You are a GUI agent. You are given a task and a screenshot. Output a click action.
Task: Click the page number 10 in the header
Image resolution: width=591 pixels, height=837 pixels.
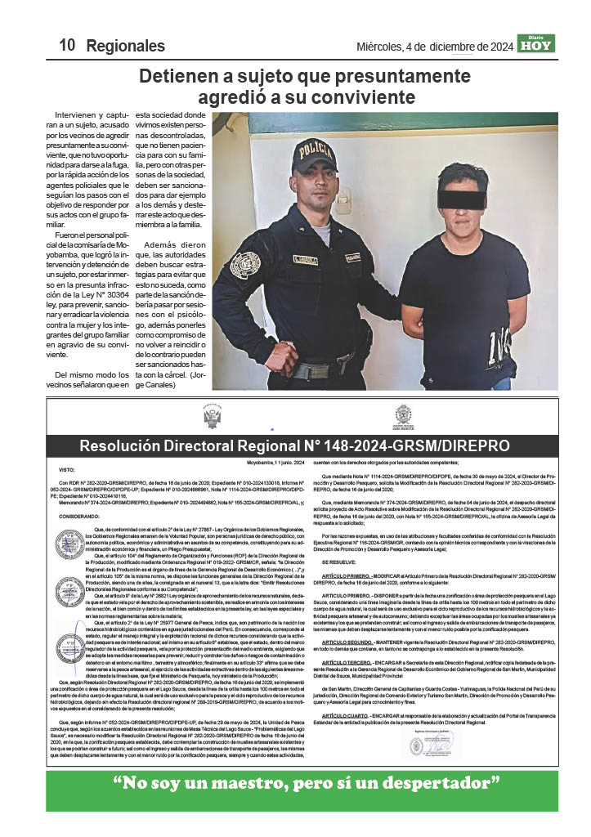[x=67, y=46]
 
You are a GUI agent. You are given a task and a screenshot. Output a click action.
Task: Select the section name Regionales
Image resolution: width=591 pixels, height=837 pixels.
[x=125, y=46]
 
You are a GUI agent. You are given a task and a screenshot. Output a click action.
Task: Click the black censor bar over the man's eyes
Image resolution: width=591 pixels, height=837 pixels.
[x=461, y=199]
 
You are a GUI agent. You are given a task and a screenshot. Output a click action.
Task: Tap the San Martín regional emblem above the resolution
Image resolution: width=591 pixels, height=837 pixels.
[x=402, y=416]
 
